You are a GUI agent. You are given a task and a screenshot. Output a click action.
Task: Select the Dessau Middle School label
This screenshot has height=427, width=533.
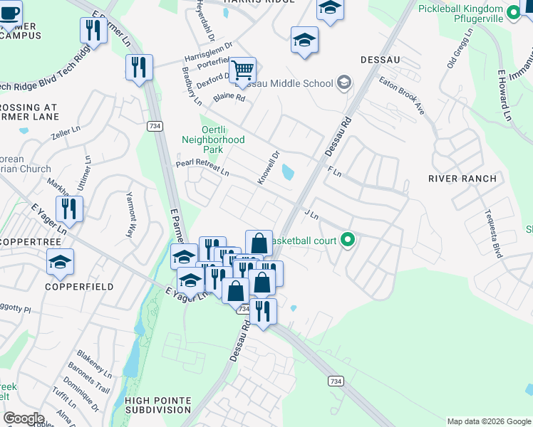point(293,83)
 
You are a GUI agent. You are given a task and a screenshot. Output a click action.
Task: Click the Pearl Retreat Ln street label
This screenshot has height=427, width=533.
point(203,168)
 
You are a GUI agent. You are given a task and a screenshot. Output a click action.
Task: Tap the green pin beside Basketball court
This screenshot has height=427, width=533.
point(348,241)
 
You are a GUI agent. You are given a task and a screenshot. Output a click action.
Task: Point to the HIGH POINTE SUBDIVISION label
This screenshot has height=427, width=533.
point(158,405)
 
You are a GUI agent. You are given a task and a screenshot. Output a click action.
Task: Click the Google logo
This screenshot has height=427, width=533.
point(23,418)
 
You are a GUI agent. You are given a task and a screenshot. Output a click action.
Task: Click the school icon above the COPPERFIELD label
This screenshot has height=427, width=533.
point(61,263)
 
